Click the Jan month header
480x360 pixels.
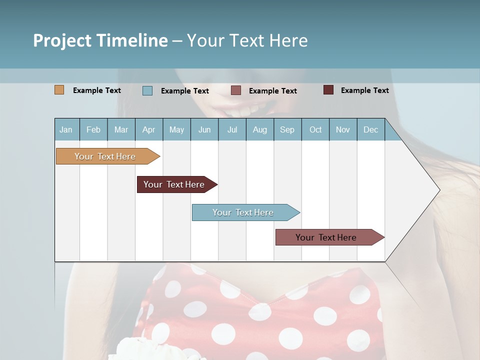tap(66, 129)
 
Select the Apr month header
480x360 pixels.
tap(148, 129)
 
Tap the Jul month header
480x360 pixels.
tap(232, 129)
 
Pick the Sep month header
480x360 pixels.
tap(287, 129)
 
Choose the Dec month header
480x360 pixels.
tap(370, 129)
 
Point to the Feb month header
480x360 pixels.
tap(93, 129)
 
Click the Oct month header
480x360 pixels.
tap(315, 129)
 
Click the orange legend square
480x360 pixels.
tap(59, 90)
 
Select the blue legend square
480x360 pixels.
tap(147, 90)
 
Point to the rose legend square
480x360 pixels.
tap(236, 90)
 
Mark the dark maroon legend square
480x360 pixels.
tap(328, 90)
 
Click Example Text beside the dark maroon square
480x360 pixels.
tap(364, 90)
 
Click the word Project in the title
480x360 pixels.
tap(62, 41)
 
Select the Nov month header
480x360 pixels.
tap(343, 129)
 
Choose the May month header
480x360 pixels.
tap(176, 129)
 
